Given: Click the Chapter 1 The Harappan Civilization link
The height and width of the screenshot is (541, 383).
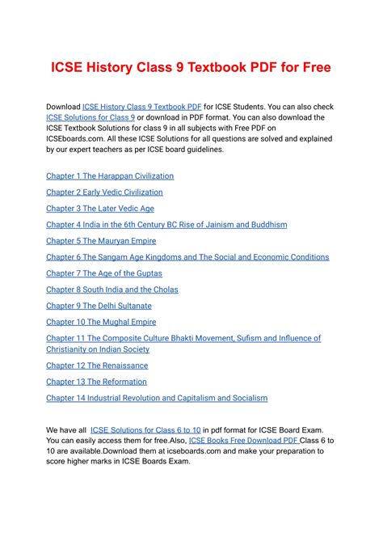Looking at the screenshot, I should (110, 175).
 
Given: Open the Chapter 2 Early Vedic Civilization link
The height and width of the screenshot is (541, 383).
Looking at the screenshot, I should (104, 192).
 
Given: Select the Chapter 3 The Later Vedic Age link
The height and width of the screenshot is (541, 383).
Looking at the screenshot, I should (99, 209).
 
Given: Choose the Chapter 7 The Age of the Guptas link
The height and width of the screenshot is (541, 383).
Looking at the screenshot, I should (103, 273).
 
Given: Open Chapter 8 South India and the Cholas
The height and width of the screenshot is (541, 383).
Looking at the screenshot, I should (112, 290).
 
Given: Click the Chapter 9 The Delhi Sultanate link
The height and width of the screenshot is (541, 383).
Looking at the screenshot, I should (99, 306).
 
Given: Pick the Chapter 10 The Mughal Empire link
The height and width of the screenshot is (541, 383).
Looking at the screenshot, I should (101, 322).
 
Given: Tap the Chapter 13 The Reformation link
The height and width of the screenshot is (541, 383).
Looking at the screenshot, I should (96, 382).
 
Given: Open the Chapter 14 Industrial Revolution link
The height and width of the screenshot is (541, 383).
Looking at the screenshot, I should (157, 398).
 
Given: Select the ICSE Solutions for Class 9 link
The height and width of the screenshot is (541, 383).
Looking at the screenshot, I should (90, 118).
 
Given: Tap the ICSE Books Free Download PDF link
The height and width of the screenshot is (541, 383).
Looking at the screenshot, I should (243, 441).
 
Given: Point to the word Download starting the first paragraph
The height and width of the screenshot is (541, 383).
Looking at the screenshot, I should (63, 107).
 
